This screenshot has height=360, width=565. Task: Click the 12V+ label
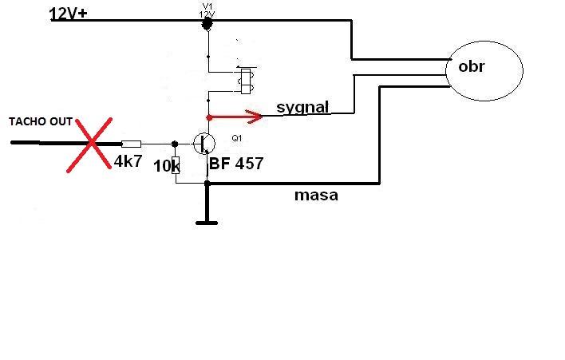(68, 14)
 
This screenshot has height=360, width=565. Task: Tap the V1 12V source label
(207, 11)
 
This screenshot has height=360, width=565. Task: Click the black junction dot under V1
(207, 24)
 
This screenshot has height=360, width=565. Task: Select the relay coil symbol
(246, 81)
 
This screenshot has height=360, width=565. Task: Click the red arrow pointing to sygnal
(235, 117)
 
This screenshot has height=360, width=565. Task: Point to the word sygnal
(302, 108)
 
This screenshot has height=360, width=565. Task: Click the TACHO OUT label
(41, 122)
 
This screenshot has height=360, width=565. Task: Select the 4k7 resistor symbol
(131, 144)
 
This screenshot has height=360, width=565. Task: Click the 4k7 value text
(128, 161)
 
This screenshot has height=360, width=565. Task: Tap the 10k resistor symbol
(176, 165)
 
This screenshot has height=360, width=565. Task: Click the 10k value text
(166, 166)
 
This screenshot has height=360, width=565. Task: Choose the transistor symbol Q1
(204, 144)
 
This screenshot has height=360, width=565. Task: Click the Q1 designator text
(237, 138)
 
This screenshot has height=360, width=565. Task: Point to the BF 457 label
(236, 164)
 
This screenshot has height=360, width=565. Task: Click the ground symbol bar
(207, 223)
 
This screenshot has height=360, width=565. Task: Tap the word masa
(316, 196)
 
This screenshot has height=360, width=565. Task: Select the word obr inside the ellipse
(472, 67)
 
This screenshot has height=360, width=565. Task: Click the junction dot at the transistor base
(175, 144)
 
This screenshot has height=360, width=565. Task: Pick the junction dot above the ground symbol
(207, 184)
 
